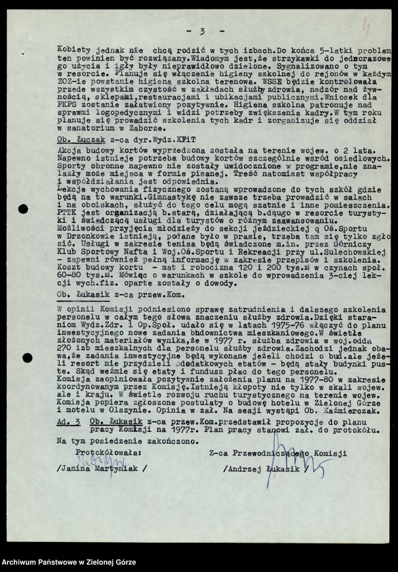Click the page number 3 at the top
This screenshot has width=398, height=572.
click(203, 31)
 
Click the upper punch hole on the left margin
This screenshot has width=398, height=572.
click(24, 209)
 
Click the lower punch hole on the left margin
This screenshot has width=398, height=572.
click(27, 357)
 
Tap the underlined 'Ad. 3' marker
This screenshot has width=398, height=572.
click(68, 422)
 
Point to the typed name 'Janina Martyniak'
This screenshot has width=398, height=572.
click(101, 468)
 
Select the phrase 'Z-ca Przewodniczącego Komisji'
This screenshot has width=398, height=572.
click(278, 452)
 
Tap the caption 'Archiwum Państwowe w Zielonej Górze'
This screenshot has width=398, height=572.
click(69, 562)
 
